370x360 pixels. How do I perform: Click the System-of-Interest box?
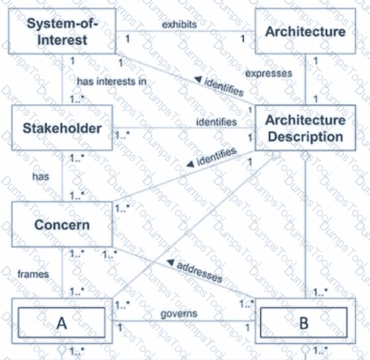tap(62, 31)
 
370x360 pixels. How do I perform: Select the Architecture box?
tap(305, 31)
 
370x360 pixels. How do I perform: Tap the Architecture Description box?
tap(305, 128)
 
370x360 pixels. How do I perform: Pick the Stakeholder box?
tap(62, 128)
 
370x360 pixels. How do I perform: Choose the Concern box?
tap(62, 224)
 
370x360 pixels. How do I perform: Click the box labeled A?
tap(62, 321)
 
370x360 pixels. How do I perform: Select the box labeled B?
tap(305, 321)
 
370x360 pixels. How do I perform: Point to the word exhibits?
tap(179, 25)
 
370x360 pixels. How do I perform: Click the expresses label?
tap(269, 74)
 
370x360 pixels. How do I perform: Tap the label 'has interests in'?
tap(112, 82)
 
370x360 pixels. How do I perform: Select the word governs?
tap(179, 314)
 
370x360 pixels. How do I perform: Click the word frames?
tap(34, 274)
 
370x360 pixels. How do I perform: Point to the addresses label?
tap(199, 272)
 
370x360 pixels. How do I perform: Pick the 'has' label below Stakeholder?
tap(40, 176)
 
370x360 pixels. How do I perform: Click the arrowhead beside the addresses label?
tap(170, 262)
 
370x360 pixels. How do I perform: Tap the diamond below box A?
tap(62, 349)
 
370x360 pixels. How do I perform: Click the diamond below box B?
tap(305, 349)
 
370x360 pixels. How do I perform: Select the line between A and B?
tap(184, 321)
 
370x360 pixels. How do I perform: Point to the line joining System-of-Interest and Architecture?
tap(186, 31)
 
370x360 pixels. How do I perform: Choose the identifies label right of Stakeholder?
tap(217, 122)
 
